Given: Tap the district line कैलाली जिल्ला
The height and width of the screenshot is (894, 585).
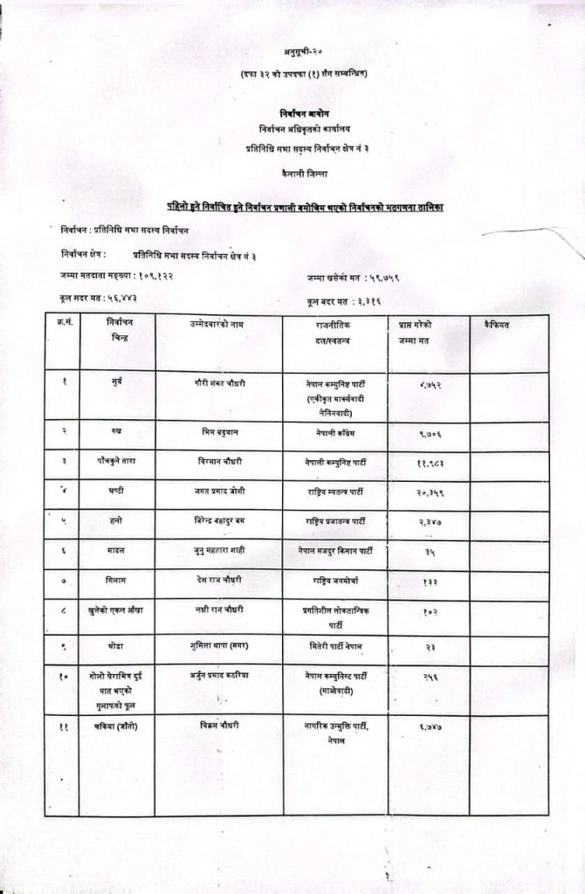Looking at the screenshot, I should pyautogui.click(x=292, y=174).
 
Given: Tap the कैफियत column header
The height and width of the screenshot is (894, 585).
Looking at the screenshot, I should pyautogui.click(x=495, y=325).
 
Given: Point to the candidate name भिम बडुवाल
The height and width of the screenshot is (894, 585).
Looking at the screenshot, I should pyautogui.click(x=219, y=432).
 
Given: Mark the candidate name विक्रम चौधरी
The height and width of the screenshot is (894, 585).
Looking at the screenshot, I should pyautogui.click(x=219, y=726).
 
